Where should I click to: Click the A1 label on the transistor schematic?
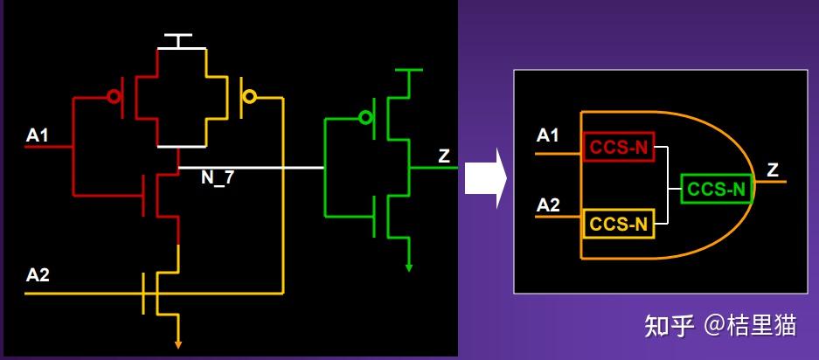tap(37, 135)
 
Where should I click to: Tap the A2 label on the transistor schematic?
tap(38, 275)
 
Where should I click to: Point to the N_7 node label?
tap(218, 178)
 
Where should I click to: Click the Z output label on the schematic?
tap(443, 156)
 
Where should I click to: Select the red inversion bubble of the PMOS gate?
tap(114, 97)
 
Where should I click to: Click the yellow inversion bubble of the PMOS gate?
tap(250, 97)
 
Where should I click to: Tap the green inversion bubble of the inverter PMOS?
tap(365, 118)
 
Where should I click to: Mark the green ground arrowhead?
tap(409, 268)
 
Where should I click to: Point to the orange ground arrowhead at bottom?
tap(178, 345)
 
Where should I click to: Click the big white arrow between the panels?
tap(485, 178)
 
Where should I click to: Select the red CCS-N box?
tap(619, 148)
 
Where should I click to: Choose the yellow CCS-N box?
tap(619, 224)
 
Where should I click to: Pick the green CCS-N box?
tap(716, 189)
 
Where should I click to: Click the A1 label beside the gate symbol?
tap(547, 135)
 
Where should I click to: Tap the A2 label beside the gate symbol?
tap(548, 205)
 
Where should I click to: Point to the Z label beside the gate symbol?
tap(773, 170)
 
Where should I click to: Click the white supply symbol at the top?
tap(178, 41)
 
